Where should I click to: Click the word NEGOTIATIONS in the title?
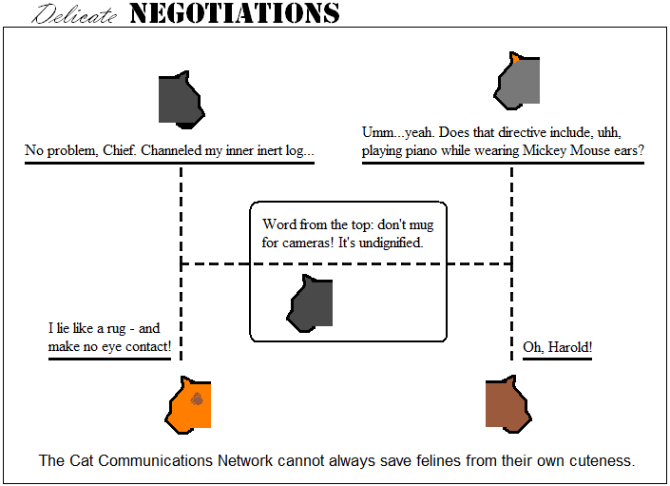click(234, 12)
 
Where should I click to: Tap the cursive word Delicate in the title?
click(76, 13)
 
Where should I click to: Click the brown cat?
click(506, 403)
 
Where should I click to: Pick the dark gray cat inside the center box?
click(311, 303)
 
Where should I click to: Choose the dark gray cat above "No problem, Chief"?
click(180, 98)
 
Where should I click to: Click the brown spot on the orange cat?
click(196, 399)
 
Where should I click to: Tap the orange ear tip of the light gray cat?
click(514, 58)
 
